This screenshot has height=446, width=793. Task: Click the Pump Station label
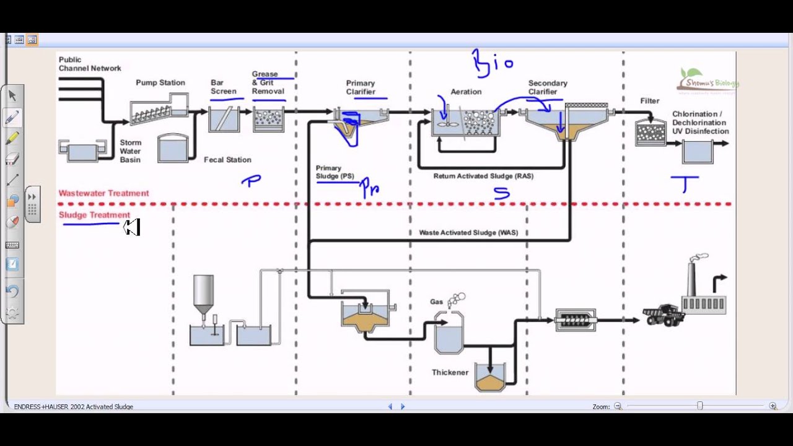point(160,82)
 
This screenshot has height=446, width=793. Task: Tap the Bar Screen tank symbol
point(224,120)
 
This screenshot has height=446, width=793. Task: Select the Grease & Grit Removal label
point(268,82)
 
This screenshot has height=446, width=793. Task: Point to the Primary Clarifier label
point(361,87)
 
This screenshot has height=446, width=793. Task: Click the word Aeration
point(466,92)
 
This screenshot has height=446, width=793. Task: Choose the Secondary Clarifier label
point(548,87)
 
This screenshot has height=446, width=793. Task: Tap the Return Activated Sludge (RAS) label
point(483,176)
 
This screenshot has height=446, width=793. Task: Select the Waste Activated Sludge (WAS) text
point(468,232)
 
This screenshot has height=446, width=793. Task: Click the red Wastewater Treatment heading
point(103,193)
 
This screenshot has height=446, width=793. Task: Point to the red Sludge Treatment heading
point(94,215)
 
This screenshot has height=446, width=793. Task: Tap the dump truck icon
point(663,315)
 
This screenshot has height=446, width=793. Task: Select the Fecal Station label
point(227,160)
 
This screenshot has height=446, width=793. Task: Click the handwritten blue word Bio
point(493,63)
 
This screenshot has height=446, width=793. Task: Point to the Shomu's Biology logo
point(707,81)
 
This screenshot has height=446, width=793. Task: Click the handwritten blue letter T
point(685,184)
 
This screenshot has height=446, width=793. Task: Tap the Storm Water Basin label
point(131,151)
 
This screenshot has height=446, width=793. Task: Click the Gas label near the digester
point(437,302)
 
